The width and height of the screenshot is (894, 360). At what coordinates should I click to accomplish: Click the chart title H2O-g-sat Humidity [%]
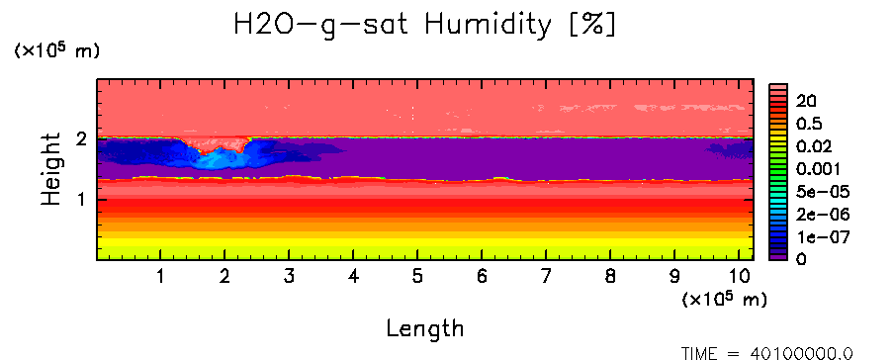coord(425,25)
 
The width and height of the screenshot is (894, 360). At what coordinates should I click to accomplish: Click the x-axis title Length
coord(425,328)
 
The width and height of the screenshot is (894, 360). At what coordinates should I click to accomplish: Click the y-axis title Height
coord(50,169)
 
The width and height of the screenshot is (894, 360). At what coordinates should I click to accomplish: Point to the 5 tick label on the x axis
coord(418,277)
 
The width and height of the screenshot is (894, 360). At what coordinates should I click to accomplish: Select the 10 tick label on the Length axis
coord(740,277)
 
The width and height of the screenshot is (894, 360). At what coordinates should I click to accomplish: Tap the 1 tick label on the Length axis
coord(161,277)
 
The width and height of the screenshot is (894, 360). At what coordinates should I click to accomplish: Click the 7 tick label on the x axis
coord(546,277)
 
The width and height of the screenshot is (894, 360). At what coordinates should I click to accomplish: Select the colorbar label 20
coord(807,102)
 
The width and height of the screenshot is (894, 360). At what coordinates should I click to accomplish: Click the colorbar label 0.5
coord(810,124)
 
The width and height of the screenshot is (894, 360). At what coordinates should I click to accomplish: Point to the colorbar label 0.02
coord(814,146)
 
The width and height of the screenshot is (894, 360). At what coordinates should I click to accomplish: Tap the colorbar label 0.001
coord(819,169)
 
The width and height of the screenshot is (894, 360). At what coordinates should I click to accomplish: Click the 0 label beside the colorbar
coord(801,259)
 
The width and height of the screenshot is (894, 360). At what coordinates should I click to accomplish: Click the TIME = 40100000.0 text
coord(766,353)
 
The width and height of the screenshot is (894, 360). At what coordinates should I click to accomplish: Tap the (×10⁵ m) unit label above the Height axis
coord(56,50)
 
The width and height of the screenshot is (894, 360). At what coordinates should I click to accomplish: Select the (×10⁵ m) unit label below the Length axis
coord(724,299)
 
